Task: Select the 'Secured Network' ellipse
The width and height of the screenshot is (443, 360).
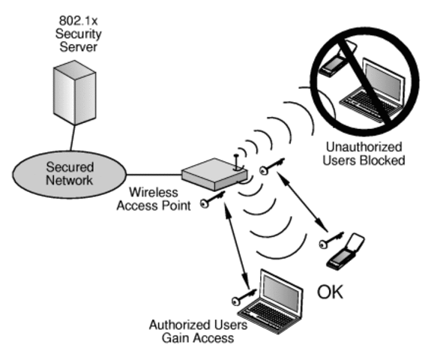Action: [x=69, y=174]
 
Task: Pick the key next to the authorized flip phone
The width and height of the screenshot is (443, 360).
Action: [x=329, y=241]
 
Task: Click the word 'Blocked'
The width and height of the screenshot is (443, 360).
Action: [x=384, y=160]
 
